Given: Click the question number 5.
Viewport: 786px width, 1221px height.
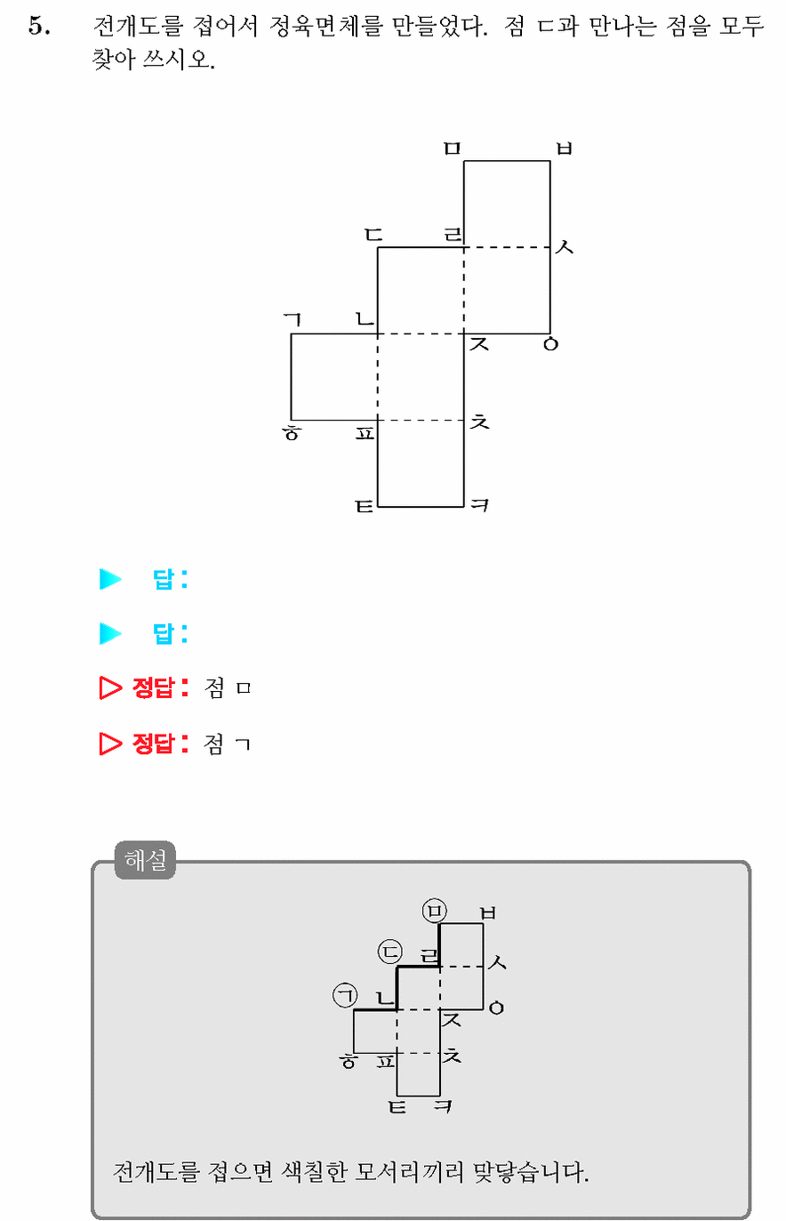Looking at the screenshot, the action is (x=39, y=26).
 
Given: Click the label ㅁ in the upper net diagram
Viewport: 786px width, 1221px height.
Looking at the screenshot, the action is (x=453, y=148).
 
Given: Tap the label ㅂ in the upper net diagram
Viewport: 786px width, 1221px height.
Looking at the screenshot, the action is (x=564, y=148).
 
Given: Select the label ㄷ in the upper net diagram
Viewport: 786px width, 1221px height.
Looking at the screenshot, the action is (x=374, y=235).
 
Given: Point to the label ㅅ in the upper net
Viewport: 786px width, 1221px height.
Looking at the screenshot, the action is (x=564, y=247).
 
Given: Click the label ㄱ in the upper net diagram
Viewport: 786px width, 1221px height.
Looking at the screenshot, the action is (x=293, y=320).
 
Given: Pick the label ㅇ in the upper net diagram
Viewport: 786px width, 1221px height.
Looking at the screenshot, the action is (x=551, y=344).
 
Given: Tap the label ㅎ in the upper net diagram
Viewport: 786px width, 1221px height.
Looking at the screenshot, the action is (x=292, y=432).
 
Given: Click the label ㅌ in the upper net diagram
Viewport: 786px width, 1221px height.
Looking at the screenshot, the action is (x=365, y=506).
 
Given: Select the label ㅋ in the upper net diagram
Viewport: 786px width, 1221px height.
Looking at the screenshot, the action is (x=479, y=505).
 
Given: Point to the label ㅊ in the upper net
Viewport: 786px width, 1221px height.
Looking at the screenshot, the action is (x=479, y=421).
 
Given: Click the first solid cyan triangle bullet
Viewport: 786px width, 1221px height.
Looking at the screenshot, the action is (x=110, y=579).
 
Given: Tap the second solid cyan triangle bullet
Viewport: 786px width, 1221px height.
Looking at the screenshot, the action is (x=110, y=633).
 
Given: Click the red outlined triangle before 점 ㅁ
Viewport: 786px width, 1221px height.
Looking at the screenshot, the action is (x=110, y=688).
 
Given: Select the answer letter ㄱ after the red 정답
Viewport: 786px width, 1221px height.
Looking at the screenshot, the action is (x=243, y=744).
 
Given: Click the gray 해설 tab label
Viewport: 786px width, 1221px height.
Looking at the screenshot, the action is (x=145, y=860).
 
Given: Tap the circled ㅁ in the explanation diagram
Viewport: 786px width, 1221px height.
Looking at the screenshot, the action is (x=435, y=911).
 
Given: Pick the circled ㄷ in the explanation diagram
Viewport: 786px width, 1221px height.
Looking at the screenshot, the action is (x=390, y=952).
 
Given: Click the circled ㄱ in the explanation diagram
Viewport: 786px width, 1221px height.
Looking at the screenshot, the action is (x=345, y=995).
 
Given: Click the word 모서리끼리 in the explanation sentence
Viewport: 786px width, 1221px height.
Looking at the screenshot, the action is (x=409, y=1171).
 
